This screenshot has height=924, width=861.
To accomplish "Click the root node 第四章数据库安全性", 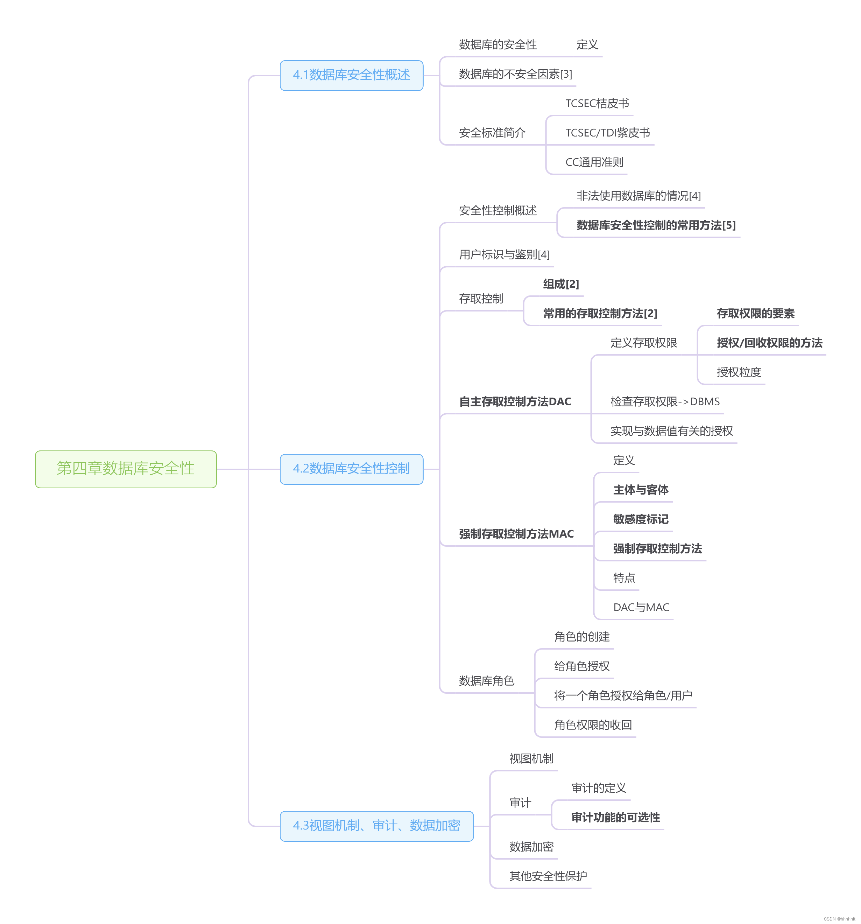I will coord(126,469).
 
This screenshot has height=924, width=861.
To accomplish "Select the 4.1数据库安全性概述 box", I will coord(351,75).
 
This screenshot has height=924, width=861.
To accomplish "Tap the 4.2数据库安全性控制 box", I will coord(351,469).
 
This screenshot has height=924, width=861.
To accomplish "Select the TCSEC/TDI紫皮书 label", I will coord(607,133).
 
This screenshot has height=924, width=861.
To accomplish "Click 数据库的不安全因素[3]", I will coord(515,74).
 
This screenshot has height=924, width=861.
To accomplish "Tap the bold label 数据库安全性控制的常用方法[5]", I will coord(656,225).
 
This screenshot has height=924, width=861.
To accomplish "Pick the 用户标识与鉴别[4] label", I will coord(504,255).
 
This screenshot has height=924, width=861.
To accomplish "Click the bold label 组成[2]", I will coord(561,284).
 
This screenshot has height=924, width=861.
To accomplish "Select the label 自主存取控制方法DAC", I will coord(515,401).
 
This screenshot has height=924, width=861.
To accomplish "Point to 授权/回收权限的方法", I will coord(769,343).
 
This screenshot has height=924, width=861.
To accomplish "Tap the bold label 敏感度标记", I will coord(640,519).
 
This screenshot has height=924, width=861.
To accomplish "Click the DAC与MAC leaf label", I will coord(641,608).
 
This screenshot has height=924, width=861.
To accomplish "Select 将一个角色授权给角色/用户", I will coord(623,695).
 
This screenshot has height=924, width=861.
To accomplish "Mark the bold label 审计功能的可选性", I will coord(615,818).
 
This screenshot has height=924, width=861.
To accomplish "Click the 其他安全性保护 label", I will coord(548,876).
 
